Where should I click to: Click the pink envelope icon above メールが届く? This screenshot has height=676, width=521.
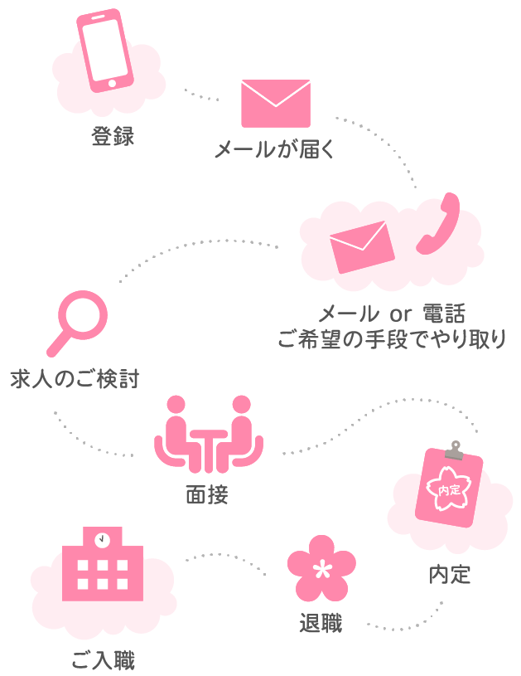(x=275, y=103)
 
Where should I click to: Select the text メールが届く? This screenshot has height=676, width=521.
(x=274, y=150)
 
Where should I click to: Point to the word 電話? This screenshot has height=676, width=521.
(x=443, y=314)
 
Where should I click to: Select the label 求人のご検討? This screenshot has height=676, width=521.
(x=75, y=379)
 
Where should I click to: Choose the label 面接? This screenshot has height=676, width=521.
(x=207, y=495)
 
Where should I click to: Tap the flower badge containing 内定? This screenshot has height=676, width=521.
(x=448, y=490)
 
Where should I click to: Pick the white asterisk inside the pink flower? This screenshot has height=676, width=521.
(x=321, y=569)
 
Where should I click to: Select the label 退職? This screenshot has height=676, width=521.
(x=321, y=623)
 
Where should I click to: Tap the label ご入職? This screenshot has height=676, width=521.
(x=103, y=660)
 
